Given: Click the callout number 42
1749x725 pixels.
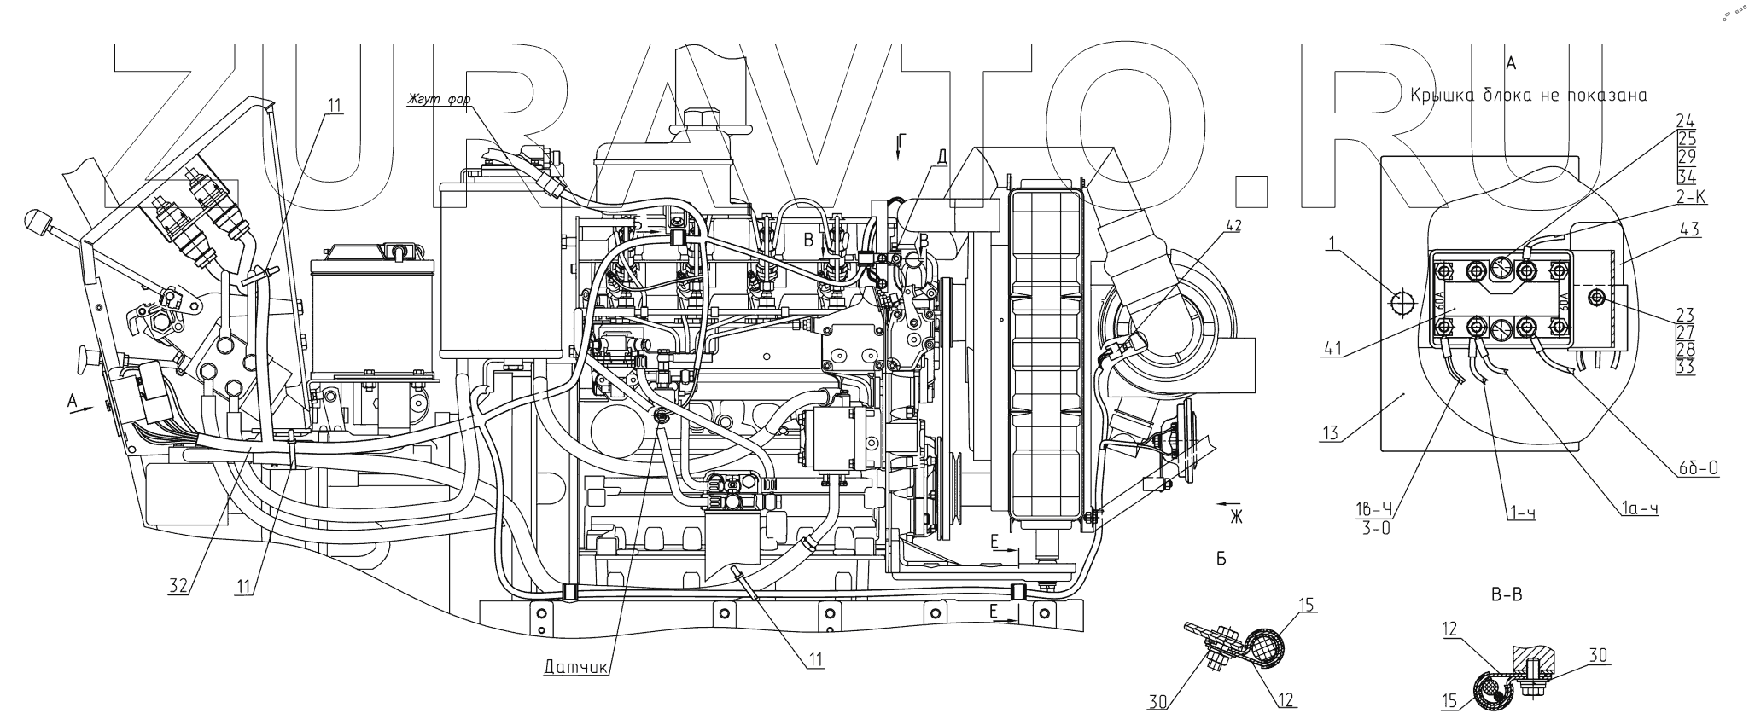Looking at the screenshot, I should point(1233,226).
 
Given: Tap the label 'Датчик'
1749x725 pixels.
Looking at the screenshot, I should point(575,668).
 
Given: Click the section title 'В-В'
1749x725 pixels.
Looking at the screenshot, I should point(1507,596).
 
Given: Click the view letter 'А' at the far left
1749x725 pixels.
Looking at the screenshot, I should point(72,398).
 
